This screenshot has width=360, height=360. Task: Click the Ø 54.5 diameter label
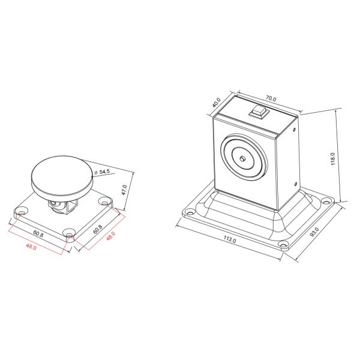pos(103,172)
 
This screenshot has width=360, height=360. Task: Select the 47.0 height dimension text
pos(124,190)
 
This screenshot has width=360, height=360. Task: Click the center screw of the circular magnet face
pos(241,159)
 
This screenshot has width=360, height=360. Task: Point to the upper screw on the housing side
pos(295,128)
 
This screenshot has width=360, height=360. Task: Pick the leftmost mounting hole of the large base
pos(190,212)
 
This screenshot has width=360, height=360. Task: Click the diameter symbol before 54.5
pos(95,172)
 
